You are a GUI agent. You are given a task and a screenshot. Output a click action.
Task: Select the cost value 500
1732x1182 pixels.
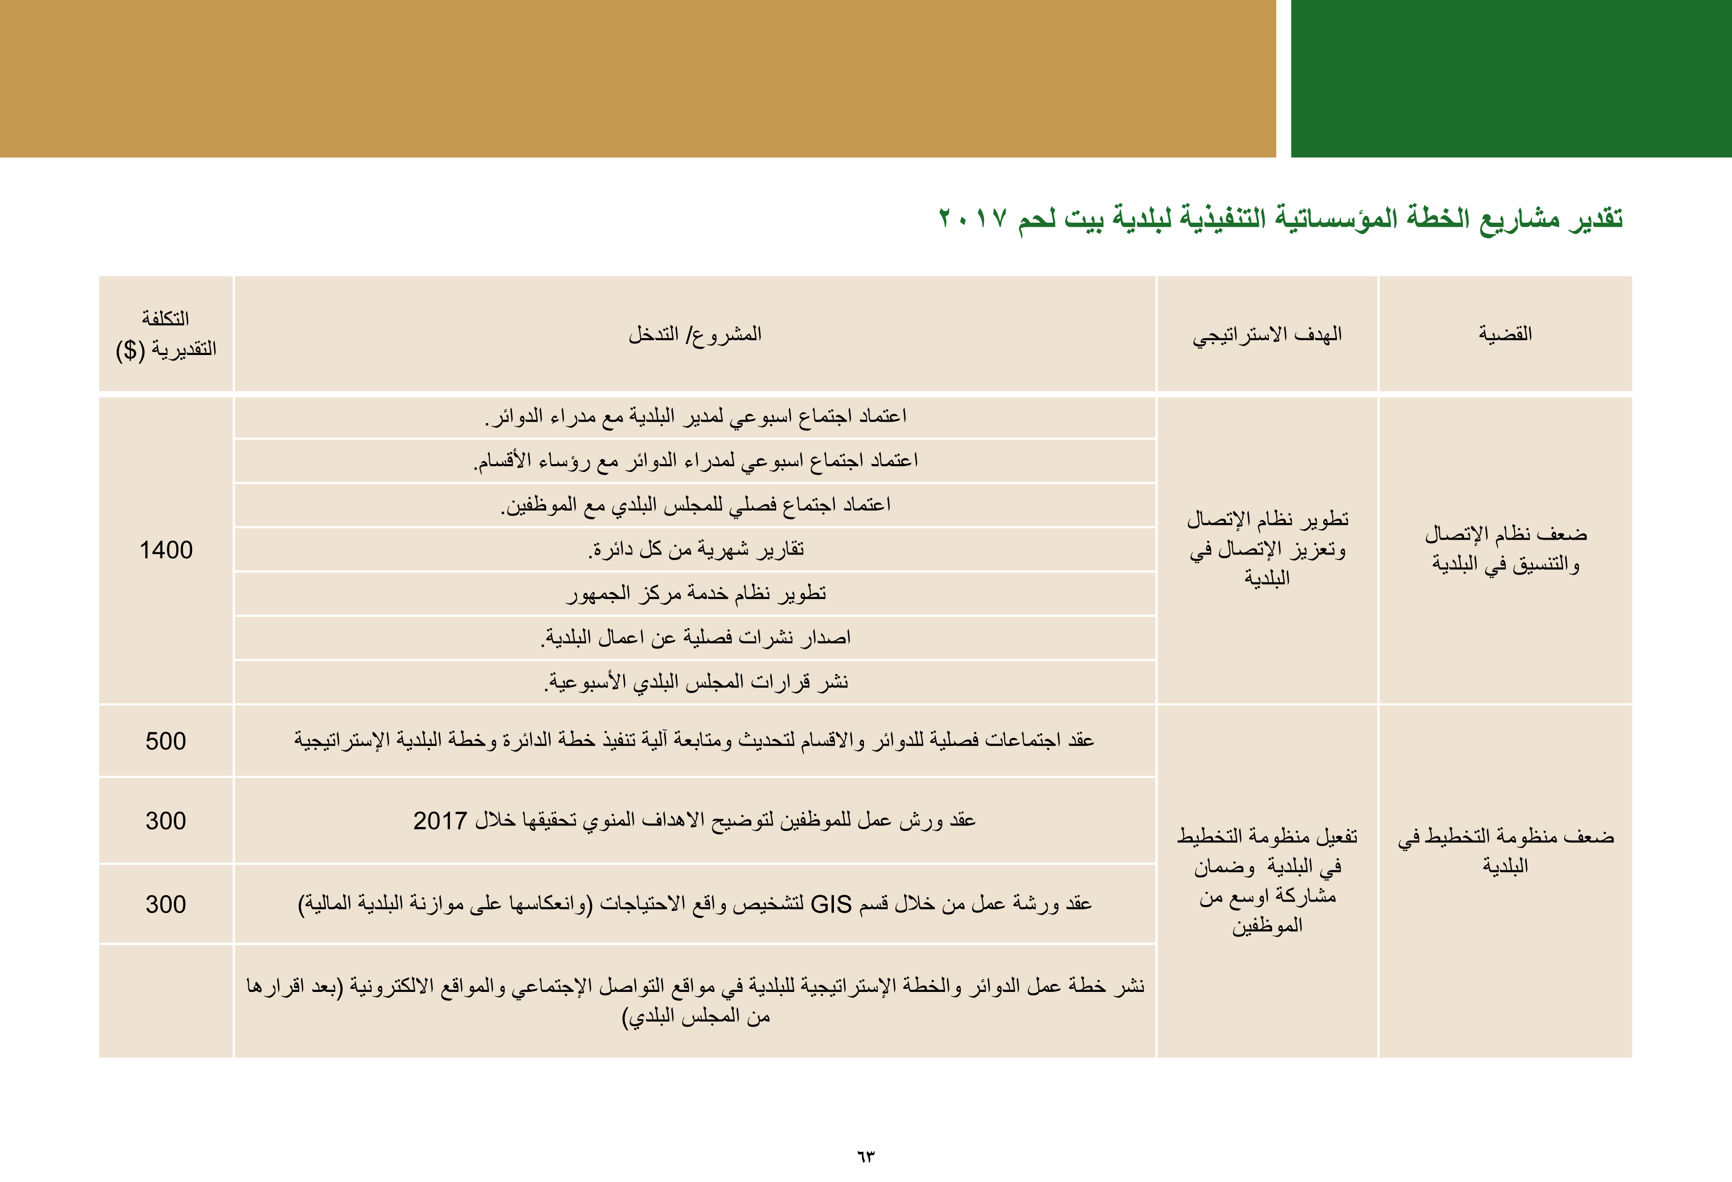[x=165, y=741]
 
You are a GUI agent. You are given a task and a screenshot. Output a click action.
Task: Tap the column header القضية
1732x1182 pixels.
[x=1505, y=333]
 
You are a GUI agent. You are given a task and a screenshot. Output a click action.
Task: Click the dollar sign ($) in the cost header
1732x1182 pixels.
[x=130, y=350]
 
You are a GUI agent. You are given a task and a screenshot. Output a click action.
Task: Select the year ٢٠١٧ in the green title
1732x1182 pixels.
[x=973, y=218]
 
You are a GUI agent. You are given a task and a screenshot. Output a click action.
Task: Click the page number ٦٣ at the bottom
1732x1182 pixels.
[x=865, y=1157]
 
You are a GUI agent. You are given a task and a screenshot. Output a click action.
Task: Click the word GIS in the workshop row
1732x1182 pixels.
[x=830, y=904]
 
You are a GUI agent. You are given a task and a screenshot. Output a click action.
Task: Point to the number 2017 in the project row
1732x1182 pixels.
[x=440, y=821]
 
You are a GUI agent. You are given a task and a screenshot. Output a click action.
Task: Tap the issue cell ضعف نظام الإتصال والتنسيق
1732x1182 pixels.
[x=1505, y=549]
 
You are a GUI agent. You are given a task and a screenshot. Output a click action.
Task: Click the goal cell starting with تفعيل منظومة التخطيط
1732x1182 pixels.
[x=1267, y=880]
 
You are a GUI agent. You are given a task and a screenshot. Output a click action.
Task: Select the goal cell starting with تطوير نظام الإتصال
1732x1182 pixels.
[x=1267, y=549]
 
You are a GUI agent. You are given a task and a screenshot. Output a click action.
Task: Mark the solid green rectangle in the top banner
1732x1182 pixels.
[x=1511, y=78]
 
